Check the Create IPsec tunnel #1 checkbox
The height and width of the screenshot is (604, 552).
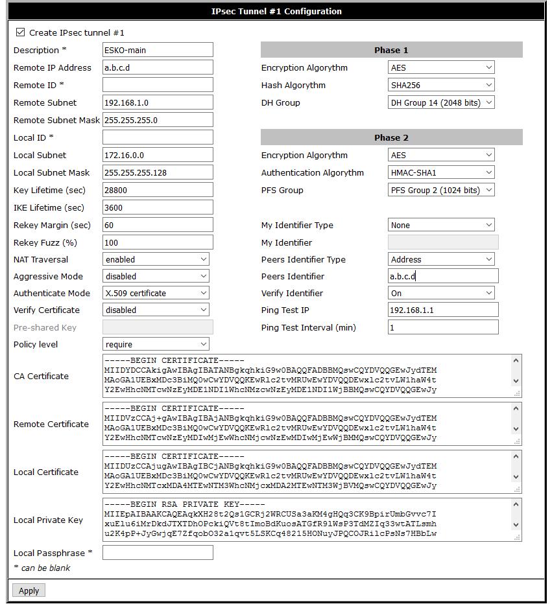(20, 32)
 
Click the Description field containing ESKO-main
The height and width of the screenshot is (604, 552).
(158, 50)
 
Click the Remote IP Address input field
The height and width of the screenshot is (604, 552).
(158, 67)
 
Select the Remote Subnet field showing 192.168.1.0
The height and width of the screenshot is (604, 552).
(158, 102)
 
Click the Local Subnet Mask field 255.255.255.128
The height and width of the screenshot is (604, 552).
(158, 172)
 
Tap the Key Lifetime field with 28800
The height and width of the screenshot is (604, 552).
(158, 190)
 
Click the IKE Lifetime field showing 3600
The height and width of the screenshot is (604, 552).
(158, 207)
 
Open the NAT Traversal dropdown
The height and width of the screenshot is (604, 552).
(156, 259)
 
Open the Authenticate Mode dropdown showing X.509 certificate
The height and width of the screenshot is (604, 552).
(156, 293)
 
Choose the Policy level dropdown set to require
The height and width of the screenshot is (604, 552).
(156, 344)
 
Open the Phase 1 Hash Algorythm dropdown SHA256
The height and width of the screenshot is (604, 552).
(441, 85)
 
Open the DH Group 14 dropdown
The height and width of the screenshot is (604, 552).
(441, 102)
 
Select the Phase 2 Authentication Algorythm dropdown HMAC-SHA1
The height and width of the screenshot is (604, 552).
(441, 172)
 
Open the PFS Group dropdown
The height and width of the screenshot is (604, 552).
(441, 190)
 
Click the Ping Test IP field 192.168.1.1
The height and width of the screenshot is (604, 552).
(443, 310)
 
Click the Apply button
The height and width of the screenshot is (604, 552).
(29, 590)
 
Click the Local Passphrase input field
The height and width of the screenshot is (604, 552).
(158, 553)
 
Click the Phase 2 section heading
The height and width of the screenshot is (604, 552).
(391, 137)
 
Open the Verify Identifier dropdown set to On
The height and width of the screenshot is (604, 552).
(441, 293)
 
